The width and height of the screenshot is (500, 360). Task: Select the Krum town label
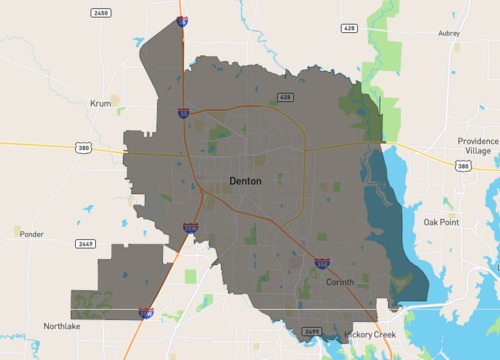pos(100,103)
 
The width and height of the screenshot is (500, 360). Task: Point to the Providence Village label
pos(477,146)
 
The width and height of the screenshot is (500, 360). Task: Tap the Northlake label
pos(61,326)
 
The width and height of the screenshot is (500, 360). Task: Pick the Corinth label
pos(340,283)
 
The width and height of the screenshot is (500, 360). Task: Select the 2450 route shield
pos(100,13)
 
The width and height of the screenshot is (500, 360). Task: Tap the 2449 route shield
pos(87,243)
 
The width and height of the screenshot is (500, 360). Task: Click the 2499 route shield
pos(311,330)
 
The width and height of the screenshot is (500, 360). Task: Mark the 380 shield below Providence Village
pos(462,165)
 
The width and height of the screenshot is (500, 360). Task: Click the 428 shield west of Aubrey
pos(349,28)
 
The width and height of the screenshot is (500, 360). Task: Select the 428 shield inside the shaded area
pos(285,97)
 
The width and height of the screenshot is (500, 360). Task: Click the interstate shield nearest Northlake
pos(146,313)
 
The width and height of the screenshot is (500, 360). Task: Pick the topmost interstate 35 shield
pos(181,20)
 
